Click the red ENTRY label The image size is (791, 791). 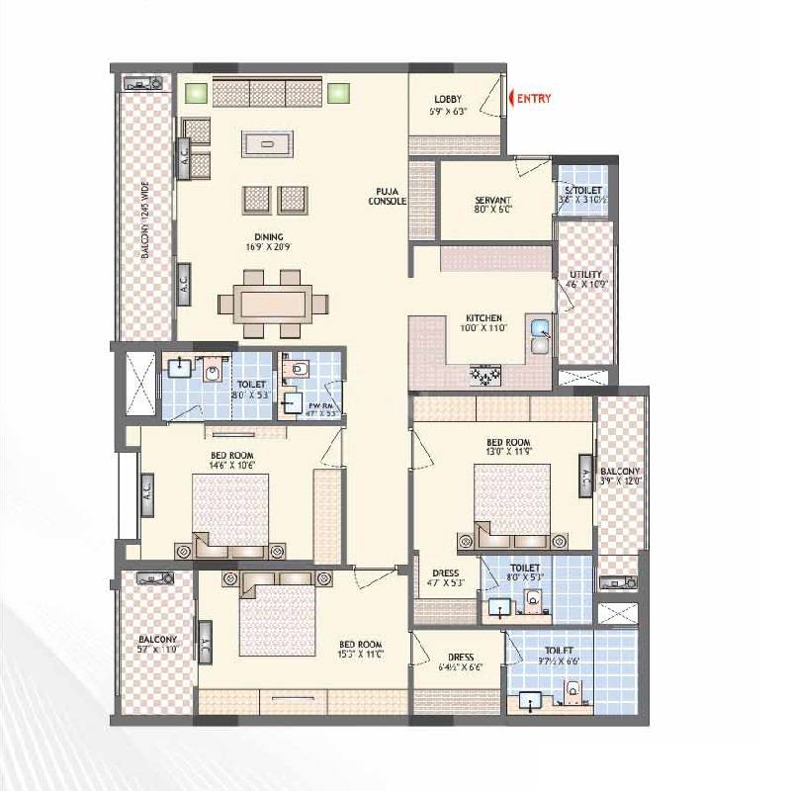click(x=534, y=98)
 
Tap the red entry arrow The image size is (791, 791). click(x=513, y=98)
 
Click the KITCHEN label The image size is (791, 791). click(x=484, y=318)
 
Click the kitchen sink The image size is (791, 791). click(x=540, y=336)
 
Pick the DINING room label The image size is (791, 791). click(x=268, y=236)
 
